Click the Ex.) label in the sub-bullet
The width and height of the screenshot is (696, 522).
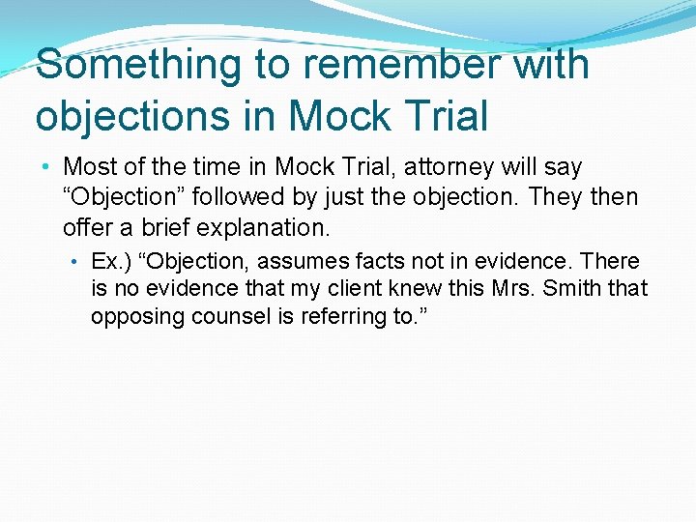point(107,261)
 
